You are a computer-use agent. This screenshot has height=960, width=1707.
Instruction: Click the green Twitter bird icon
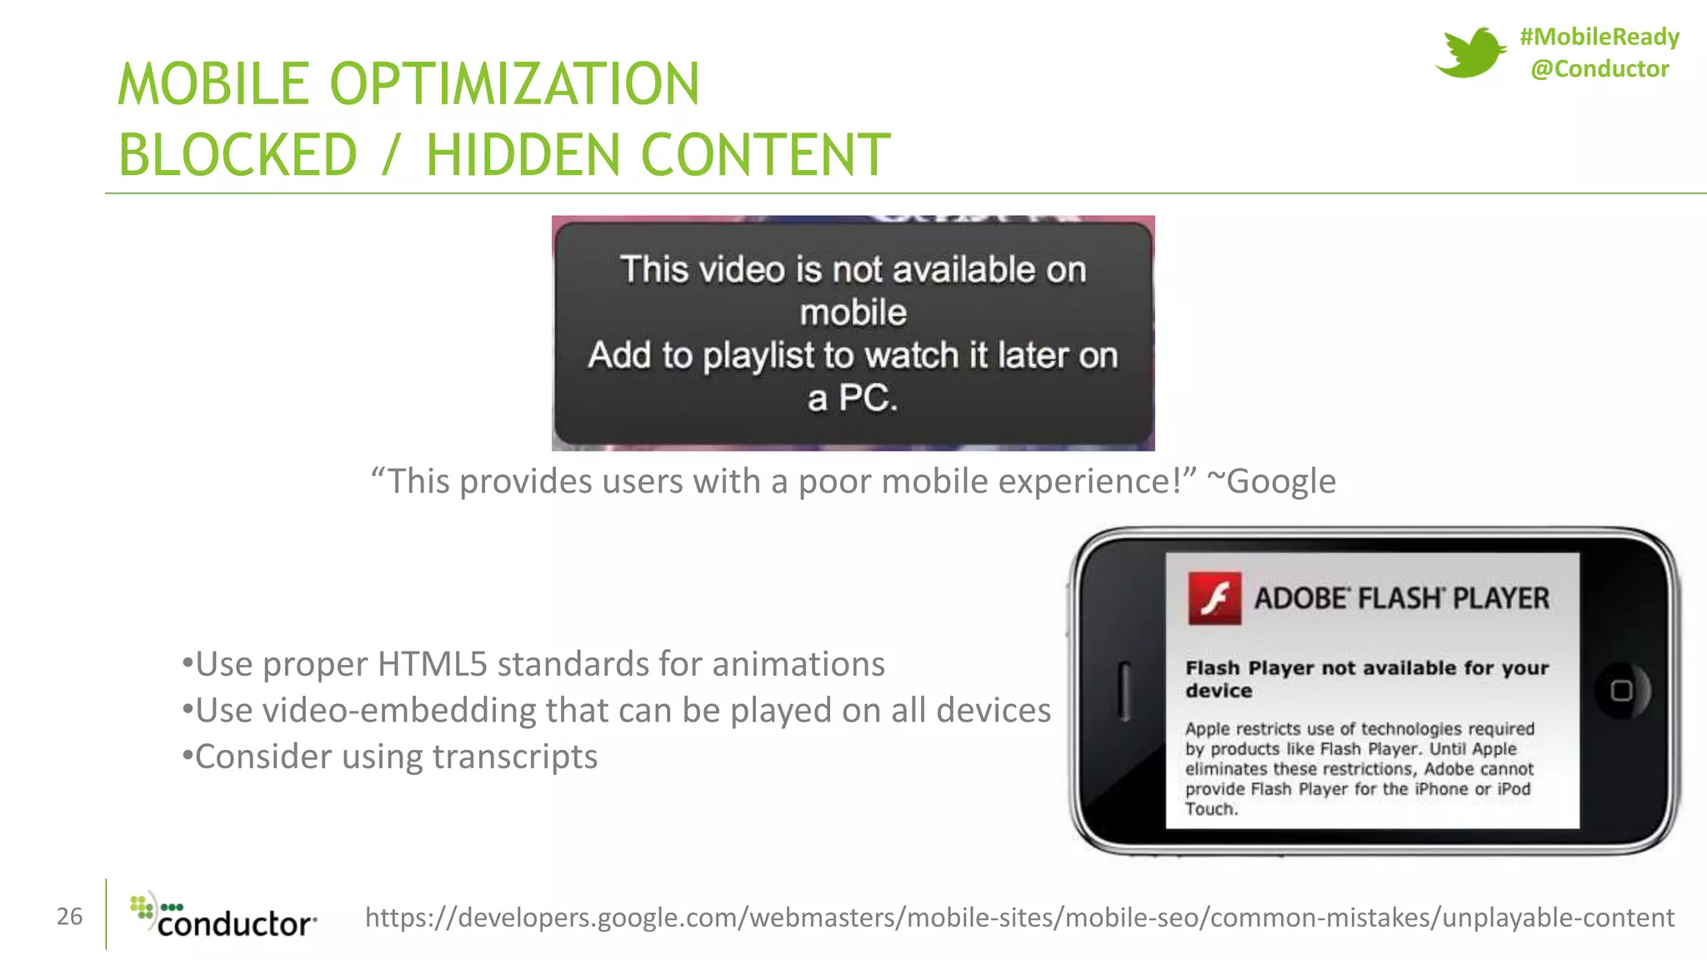1469,52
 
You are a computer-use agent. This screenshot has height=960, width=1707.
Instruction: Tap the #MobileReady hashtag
1599,37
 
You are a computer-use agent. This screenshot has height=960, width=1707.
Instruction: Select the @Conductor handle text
1599,69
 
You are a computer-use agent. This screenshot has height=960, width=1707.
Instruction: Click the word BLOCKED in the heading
238,155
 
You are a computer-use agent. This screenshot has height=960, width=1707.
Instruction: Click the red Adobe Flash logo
1214,598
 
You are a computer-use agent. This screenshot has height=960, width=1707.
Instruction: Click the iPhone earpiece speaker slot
1124,691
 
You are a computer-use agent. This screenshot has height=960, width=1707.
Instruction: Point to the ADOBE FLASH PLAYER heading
1401,598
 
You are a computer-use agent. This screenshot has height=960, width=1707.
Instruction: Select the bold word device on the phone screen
1219,691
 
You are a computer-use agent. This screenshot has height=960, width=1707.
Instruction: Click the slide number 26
70,917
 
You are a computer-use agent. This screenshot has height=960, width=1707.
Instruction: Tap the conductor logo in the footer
223,917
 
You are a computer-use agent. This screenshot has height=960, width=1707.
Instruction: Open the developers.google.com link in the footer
1019,917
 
